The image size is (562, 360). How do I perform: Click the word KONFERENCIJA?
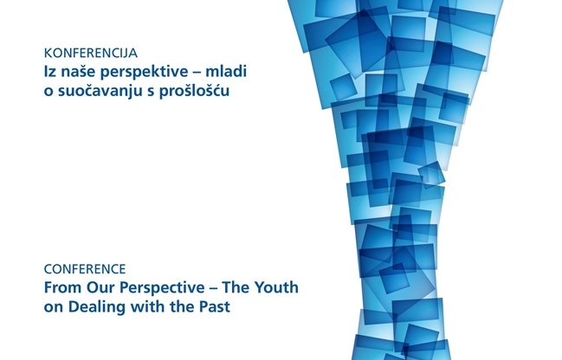point(91,53)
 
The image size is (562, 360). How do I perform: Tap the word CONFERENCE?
point(85,269)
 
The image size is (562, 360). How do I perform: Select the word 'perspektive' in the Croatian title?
point(144,73)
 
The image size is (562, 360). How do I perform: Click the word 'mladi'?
point(226,71)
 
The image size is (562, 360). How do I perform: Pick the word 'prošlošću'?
point(194,92)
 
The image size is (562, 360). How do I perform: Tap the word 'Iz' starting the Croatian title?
point(50,72)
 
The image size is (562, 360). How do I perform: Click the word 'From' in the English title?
point(62,287)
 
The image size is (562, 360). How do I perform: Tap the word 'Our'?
point(101,287)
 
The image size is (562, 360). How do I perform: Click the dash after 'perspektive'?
point(197,73)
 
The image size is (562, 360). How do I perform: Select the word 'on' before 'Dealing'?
point(54,308)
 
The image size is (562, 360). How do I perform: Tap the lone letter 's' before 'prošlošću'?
point(151,93)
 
